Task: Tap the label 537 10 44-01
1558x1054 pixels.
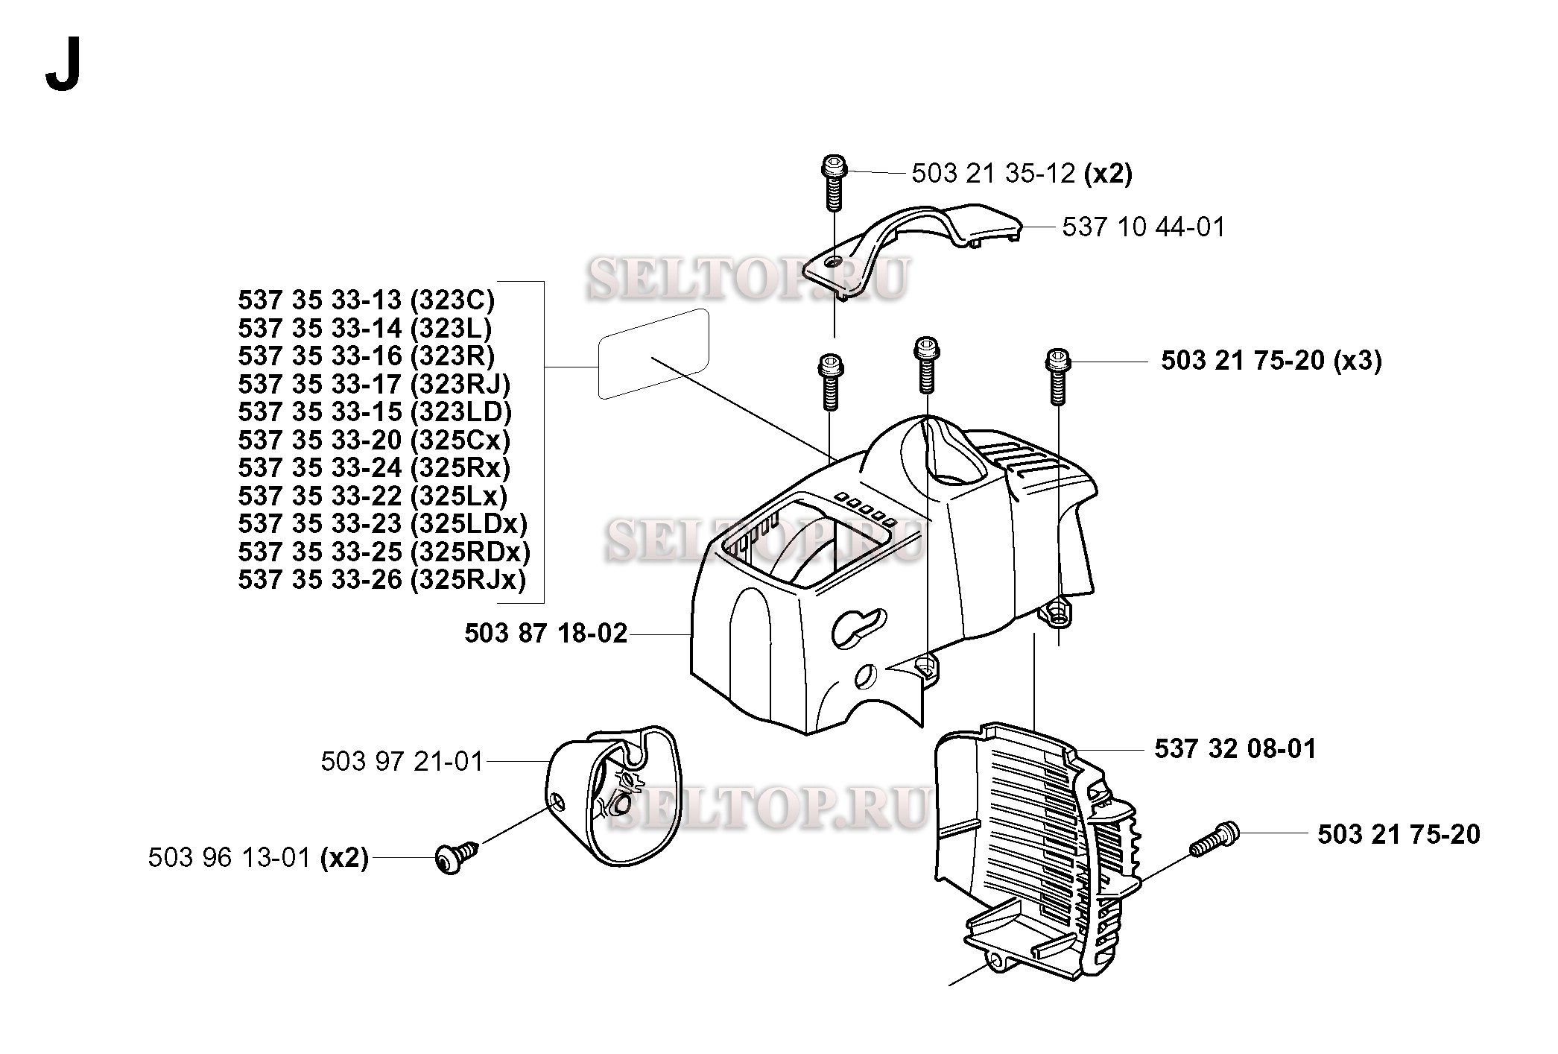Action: [x=1143, y=227]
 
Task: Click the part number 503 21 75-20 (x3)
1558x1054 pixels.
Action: [x=1271, y=361]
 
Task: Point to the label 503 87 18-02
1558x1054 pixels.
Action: [x=545, y=634]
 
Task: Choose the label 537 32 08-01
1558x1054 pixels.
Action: [x=1235, y=749]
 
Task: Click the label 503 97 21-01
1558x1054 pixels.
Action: [x=402, y=762]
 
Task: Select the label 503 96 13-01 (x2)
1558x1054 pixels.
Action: [x=258, y=858]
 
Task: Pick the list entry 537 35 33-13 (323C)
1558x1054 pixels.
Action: [x=366, y=300]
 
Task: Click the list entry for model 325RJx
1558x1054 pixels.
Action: [x=381, y=579]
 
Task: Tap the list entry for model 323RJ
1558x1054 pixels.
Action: [x=374, y=384]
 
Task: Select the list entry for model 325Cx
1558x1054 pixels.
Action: [x=374, y=440]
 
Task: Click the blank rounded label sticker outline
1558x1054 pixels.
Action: [x=653, y=355]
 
